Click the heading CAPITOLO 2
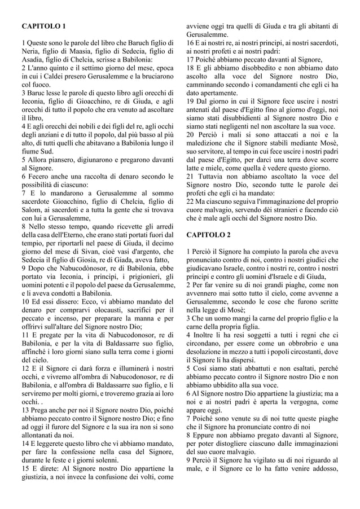208,234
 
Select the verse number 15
25,468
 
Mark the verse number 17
190,59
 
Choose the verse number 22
191,201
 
